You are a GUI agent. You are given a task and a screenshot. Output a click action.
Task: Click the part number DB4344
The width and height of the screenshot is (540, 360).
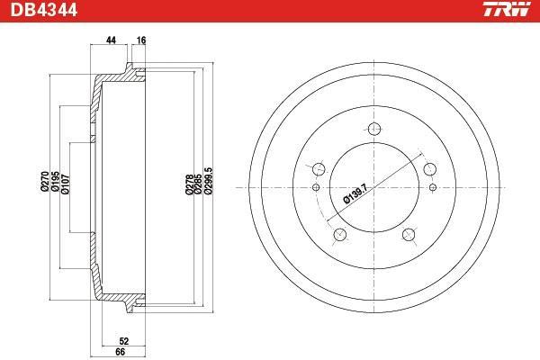[44, 10]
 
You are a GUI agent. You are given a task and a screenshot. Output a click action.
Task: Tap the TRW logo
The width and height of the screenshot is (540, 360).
[507, 9]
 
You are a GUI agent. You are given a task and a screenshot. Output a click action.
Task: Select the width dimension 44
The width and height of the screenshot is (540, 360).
[111, 40]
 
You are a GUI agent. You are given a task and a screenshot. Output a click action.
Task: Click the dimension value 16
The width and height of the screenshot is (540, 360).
[141, 40]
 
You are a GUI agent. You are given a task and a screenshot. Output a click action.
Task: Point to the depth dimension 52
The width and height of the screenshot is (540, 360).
[123, 341]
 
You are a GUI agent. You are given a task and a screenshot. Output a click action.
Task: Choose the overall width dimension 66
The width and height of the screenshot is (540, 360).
[121, 352]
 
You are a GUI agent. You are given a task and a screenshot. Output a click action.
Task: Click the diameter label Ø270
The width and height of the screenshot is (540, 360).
[44, 182]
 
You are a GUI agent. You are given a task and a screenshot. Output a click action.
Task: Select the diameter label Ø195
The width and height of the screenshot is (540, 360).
[55, 182]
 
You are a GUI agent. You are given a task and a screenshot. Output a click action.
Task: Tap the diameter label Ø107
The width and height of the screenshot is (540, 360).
[65, 184]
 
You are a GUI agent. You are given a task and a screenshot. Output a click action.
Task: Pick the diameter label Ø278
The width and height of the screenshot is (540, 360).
[189, 184]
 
